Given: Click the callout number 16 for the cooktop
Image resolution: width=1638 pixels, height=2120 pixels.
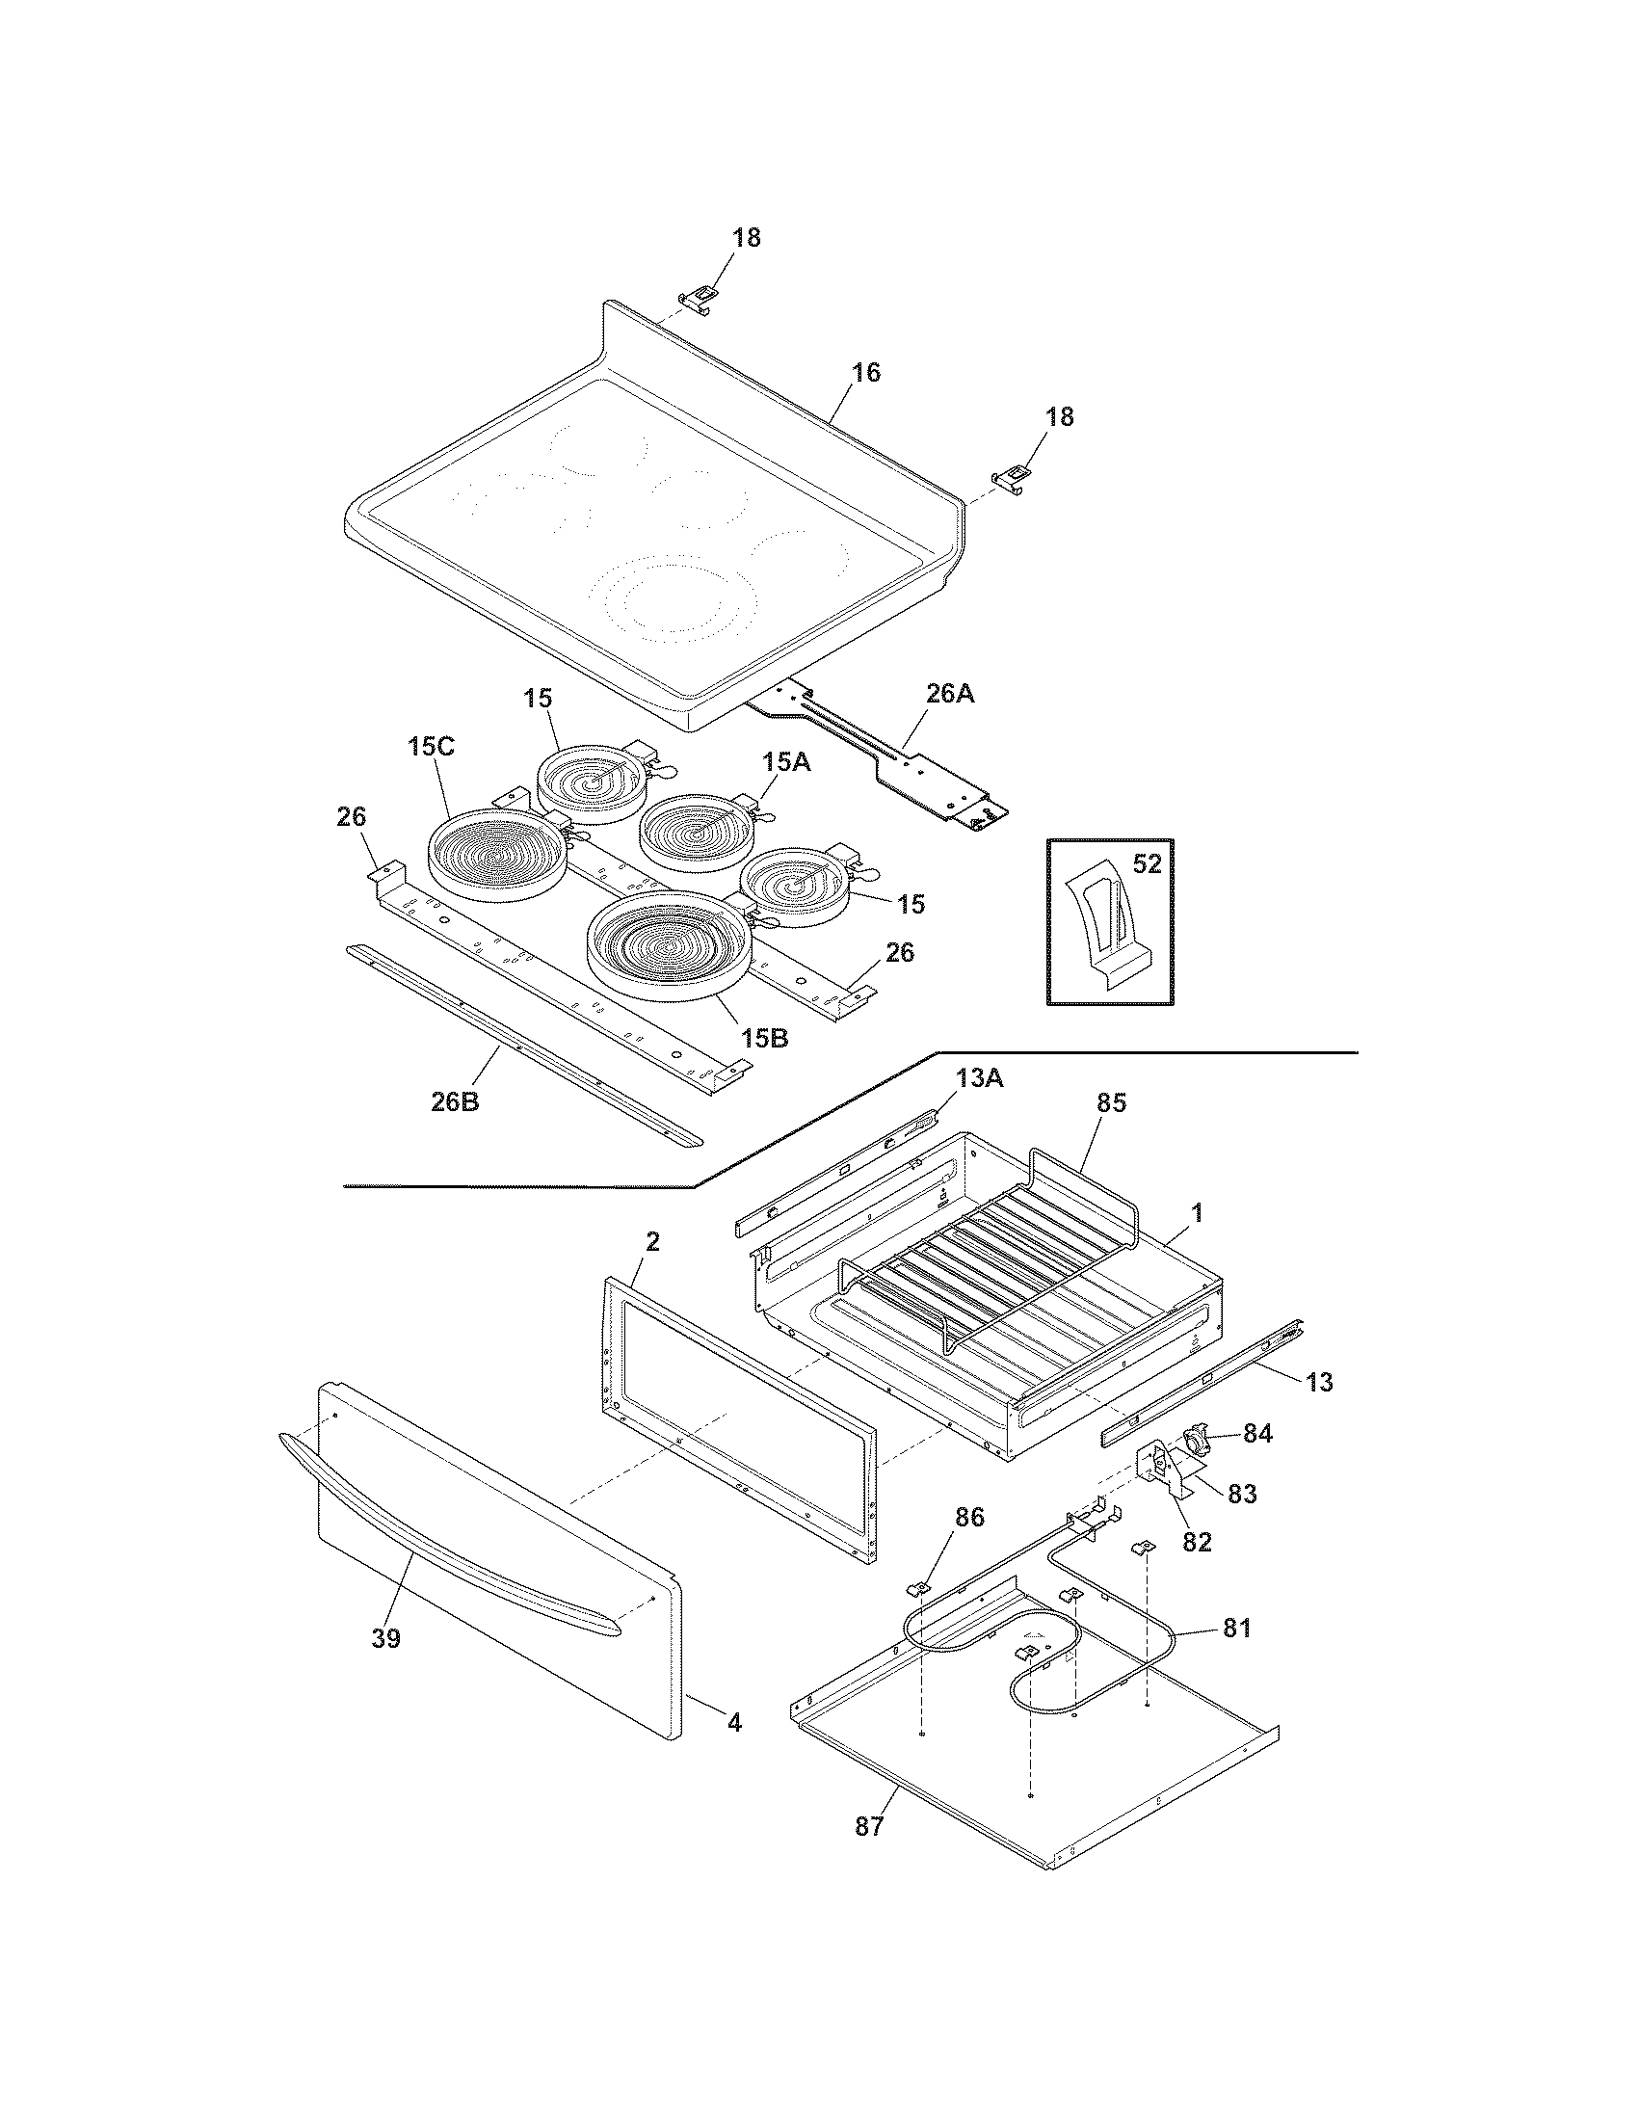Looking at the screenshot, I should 865,373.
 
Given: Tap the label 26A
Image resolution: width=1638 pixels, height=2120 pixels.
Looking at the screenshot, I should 951,695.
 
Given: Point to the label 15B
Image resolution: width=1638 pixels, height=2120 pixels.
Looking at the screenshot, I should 765,1038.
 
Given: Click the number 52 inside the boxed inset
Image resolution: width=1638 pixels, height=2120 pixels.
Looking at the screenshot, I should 1147,863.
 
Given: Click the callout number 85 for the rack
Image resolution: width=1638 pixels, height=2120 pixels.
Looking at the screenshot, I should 1111,1103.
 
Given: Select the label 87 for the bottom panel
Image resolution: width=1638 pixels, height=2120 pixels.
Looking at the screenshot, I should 869,1827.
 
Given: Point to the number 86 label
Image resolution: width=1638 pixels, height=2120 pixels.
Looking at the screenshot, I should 969,1518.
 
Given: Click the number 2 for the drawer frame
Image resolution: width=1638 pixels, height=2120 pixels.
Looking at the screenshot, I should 652,1241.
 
